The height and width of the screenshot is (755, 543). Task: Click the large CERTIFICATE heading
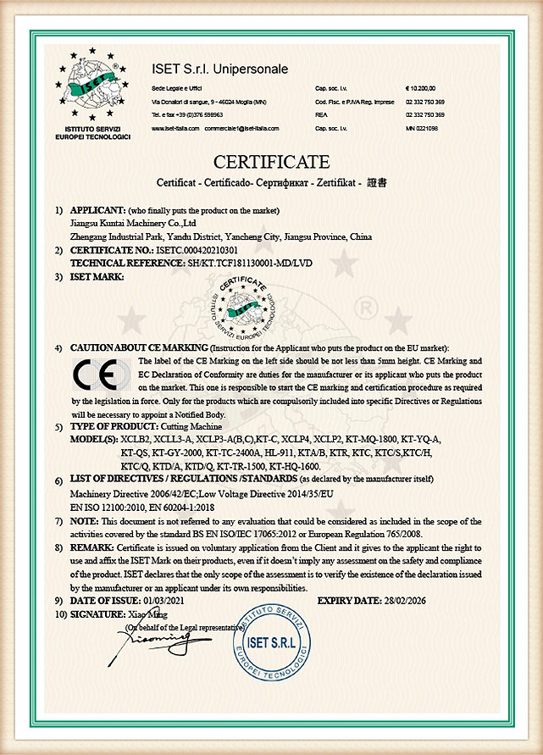271,162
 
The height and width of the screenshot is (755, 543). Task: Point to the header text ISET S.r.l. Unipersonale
220,68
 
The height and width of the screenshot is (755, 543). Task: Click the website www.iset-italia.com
175,128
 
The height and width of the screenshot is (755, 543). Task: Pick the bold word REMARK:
92,548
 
